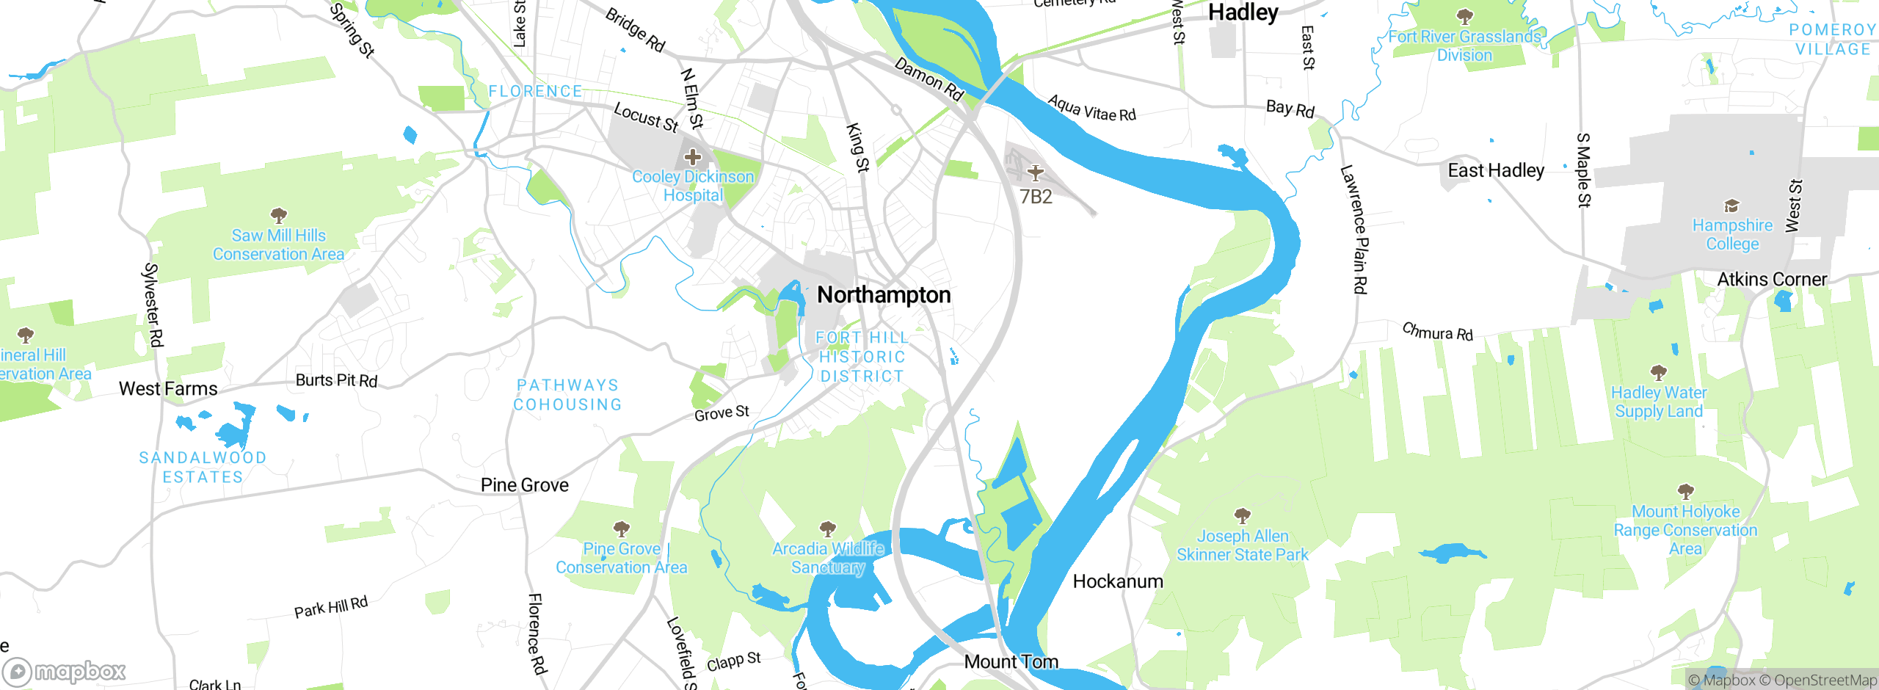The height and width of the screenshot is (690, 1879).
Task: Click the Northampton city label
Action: click(x=884, y=295)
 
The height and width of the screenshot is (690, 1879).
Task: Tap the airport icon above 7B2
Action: click(x=1035, y=173)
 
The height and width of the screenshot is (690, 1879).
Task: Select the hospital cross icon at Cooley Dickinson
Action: click(x=692, y=157)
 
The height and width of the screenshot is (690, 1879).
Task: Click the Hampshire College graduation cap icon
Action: click(x=1731, y=206)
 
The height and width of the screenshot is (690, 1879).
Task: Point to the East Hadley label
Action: click(x=1496, y=171)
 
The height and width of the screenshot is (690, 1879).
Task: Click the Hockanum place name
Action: click(x=1118, y=582)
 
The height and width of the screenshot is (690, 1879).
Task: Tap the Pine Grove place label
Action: click(x=524, y=485)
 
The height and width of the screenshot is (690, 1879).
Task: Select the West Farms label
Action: click(x=168, y=389)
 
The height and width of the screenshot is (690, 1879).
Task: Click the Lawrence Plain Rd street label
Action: click(x=1355, y=229)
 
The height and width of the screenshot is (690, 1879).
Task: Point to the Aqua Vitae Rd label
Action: click(x=1091, y=109)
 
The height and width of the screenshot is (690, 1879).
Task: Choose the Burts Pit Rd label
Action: click(x=336, y=380)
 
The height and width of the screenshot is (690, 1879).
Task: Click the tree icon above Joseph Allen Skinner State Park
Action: click(x=1242, y=515)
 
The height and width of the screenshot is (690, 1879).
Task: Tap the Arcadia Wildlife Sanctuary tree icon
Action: click(x=828, y=529)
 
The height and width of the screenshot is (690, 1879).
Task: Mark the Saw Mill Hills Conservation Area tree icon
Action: click(x=278, y=216)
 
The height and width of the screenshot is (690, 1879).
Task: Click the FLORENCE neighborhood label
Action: click(x=535, y=92)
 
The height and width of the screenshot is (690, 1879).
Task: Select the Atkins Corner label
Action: click(x=1772, y=280)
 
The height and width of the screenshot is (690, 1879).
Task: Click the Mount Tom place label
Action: click(x=1011, y=662)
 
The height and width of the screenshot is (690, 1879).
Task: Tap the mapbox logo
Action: click(x=65, y=672)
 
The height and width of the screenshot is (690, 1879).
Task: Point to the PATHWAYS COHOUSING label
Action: click(x=567, y=395)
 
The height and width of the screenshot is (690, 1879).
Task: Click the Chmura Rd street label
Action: click(x=1437, y=332)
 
